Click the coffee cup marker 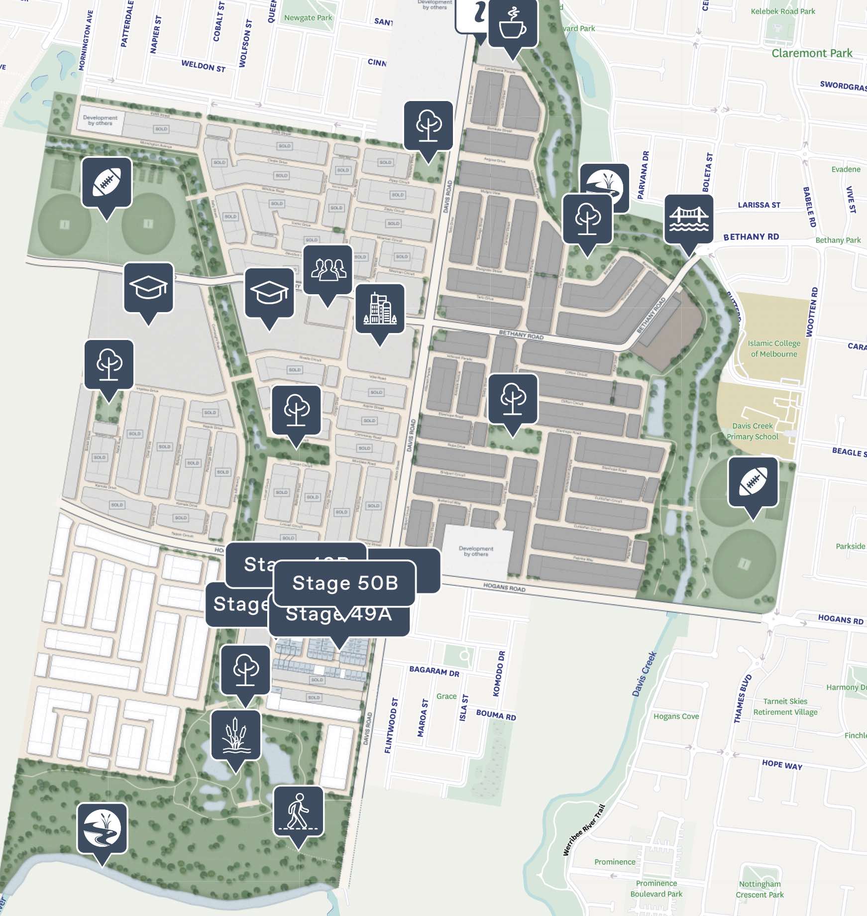pos(513,24)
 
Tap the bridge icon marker pos(689,219)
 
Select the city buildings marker pos(380,309)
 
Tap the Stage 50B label pos(345,583)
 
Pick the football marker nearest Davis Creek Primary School pos(753,482)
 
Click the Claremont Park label pos(812,53)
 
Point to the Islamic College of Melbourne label pos(774,348)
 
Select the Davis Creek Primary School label pos(752,431)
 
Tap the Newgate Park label pos(308,18)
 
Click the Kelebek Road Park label pos(782,11)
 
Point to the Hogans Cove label pos(676,716)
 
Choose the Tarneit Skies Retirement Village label pos(785,707)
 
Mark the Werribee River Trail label pos(583,830)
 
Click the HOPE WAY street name pos(782,765)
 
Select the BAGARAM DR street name pos(434,672)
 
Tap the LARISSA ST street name pos(759,205)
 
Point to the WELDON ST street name pos(203,66)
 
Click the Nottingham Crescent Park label pos(759,889)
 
